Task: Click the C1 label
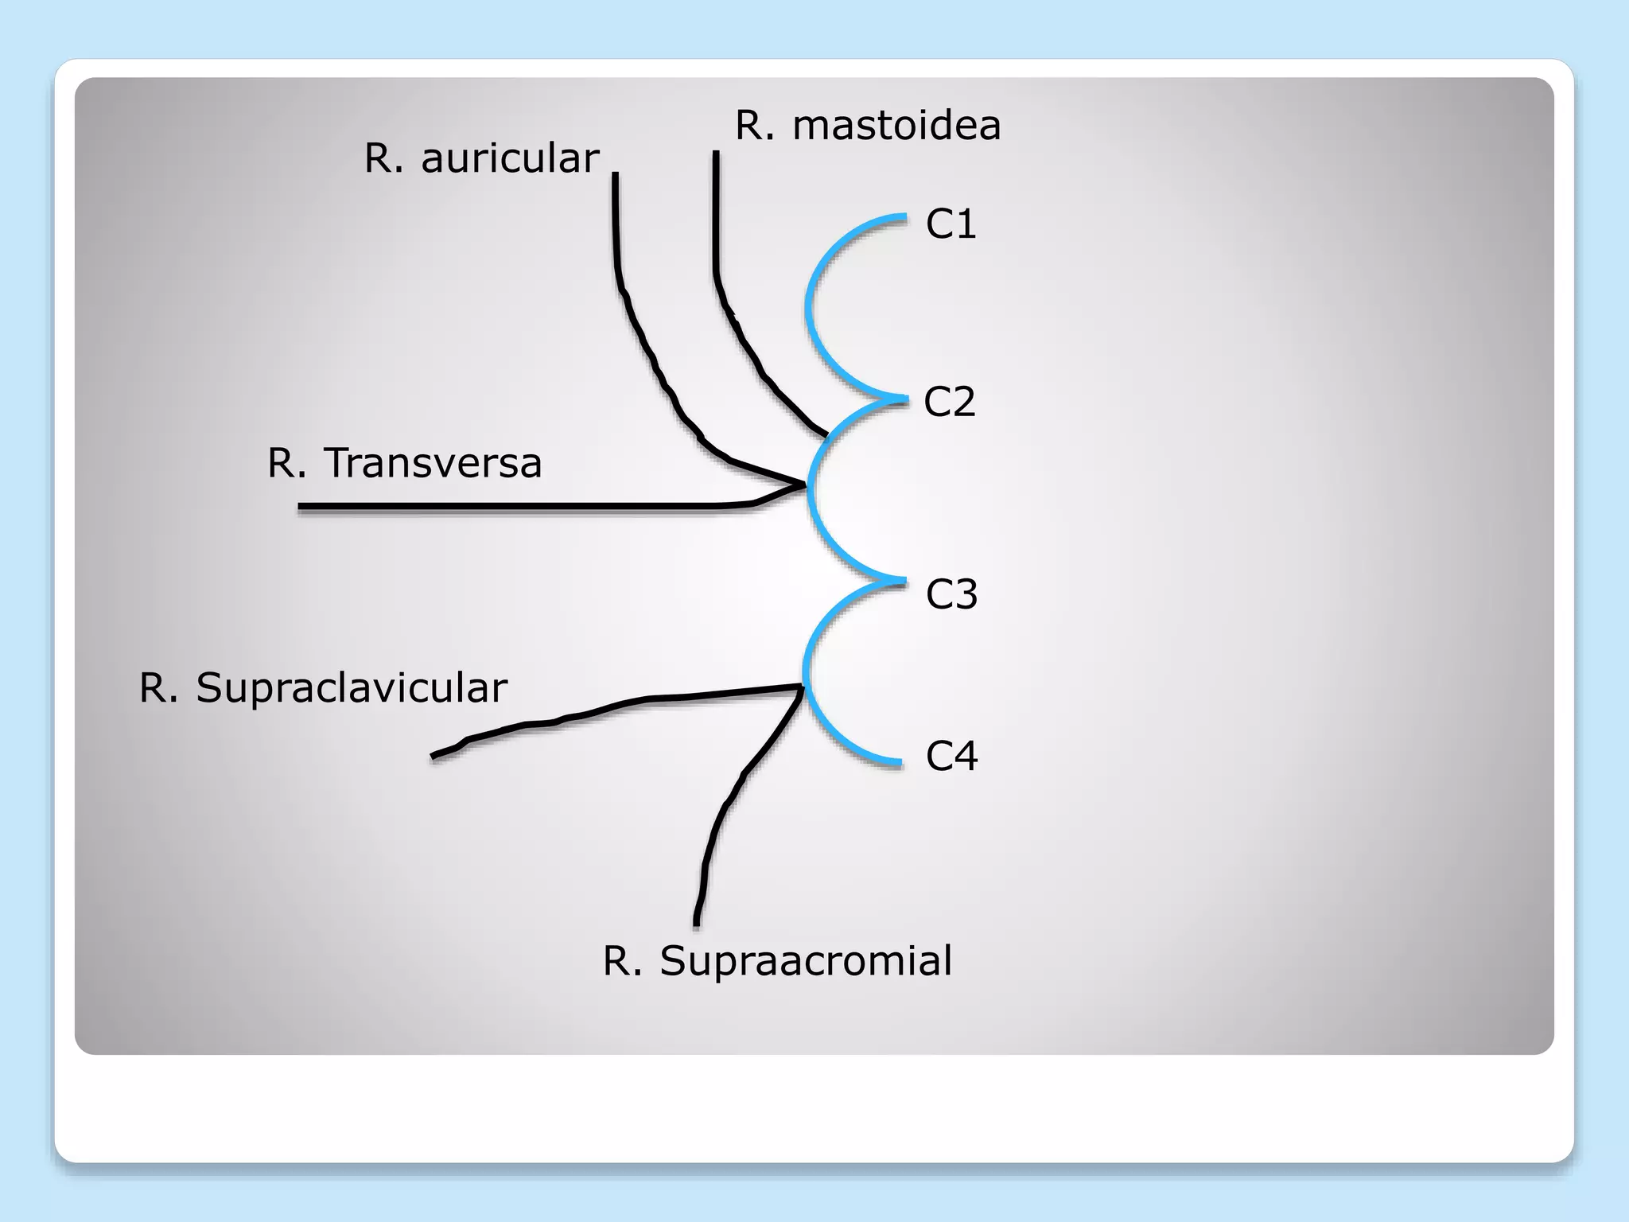[951, 224]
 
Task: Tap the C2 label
[949, 401]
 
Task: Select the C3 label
[951, 593]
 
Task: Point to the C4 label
[951, 755]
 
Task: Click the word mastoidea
[896, 125]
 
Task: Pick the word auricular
[510, 158]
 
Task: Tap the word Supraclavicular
[352, 687]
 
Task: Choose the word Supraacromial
[806, 960]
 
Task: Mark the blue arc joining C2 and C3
[810, 489]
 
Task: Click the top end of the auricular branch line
[616, 176]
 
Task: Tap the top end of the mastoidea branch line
[717, 154]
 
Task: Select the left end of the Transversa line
[301, 506]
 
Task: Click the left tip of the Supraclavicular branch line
[433, 756]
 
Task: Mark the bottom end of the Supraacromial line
[697, 924]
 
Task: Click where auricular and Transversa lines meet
[803, 484]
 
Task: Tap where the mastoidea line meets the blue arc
[826, 436]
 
